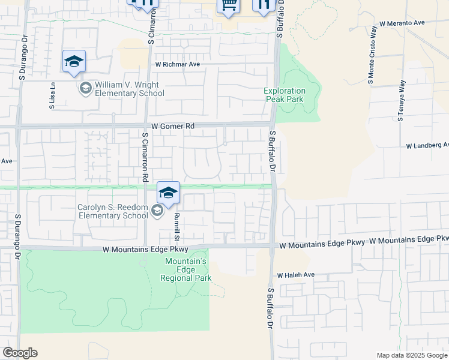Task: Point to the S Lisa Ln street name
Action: pyautogui.click(x=53, y=95)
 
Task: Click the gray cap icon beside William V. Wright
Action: pyautogui.click(x=85, y=88)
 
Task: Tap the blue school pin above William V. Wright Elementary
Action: pyautogui.click(x=74, y=62)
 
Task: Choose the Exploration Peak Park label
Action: pyautogui.click(x=285, y=95)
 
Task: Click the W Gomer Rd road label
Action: pyautogui.click(x=173, y=127)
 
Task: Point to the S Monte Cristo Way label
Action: pyautogui.click(x=372, y=55)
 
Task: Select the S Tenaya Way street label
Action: pyautogui.click(x=401, y=100)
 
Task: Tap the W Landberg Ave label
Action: pyautogui.click(x=427, y=146)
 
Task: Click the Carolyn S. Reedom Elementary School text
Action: pyautogui.click(x=113, y=211)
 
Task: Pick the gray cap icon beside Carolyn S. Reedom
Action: pyautogui.click(x=157, y=210)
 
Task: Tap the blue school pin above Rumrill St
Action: pyautogui.click(x=169, y=193)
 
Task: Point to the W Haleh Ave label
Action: pyautogui.click(x=295, y=275)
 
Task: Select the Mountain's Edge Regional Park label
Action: pyautogui.click(x=186, y=269)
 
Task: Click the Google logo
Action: pyautogui.click(x=20, y=353)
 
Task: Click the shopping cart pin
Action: pyautogui.click(x=228, y=6)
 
